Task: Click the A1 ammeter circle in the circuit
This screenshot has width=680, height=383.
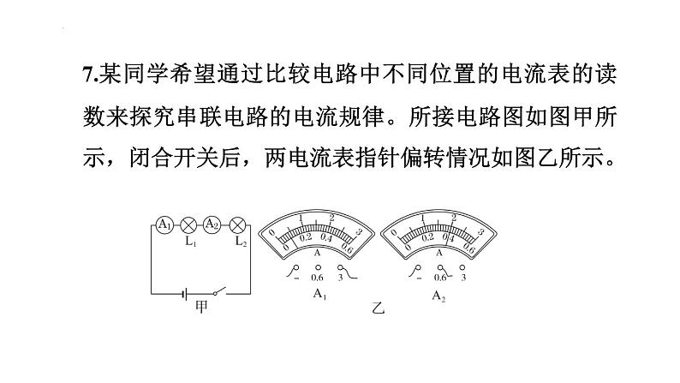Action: tap(164, 224)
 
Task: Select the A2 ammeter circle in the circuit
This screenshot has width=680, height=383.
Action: tap(212, 224)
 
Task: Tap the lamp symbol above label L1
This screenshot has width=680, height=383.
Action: tap(188, 224)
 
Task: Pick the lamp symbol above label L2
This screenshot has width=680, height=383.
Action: tap(237, 224)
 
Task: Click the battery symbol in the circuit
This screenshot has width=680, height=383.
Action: tap(185, 294)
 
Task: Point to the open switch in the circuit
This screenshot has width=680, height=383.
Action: tap(219, 290)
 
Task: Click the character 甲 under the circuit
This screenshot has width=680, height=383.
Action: tap(201, 307)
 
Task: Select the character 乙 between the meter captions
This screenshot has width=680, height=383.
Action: tap(378, 308)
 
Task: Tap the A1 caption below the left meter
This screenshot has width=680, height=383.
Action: tap(319, 295)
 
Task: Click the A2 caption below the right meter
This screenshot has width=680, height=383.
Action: tap(438, 296)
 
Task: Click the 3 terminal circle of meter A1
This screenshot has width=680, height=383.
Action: tap(340, 267)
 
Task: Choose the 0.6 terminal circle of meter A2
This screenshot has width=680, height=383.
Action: tap(440, 267)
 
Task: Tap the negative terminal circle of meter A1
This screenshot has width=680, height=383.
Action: tap(296, 267)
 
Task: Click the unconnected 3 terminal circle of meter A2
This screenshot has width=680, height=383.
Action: tap(462, 267)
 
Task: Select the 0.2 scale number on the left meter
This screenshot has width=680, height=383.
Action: tap(306, 236)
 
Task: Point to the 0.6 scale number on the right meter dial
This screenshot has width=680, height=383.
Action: tap(469, 248)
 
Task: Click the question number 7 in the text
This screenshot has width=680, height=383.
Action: tap(87, 75)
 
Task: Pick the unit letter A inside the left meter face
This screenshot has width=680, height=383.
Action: tap(317, 253)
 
